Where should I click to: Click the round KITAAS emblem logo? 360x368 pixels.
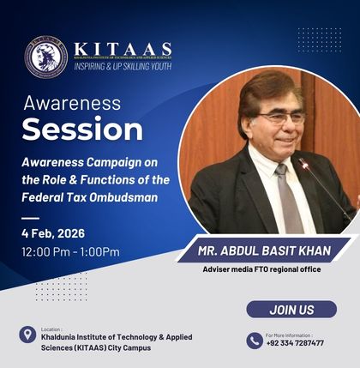(45, 57)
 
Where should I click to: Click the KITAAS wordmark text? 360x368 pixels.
(123, 49)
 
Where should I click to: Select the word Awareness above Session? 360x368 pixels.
(72, 104)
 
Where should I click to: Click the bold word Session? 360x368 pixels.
(82, 130)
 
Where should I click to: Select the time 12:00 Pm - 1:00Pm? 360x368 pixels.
(70, 251)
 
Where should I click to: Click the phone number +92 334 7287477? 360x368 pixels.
(294, 343)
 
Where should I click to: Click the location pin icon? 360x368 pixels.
(27, 335)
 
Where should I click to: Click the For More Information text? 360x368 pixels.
(289, 334)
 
